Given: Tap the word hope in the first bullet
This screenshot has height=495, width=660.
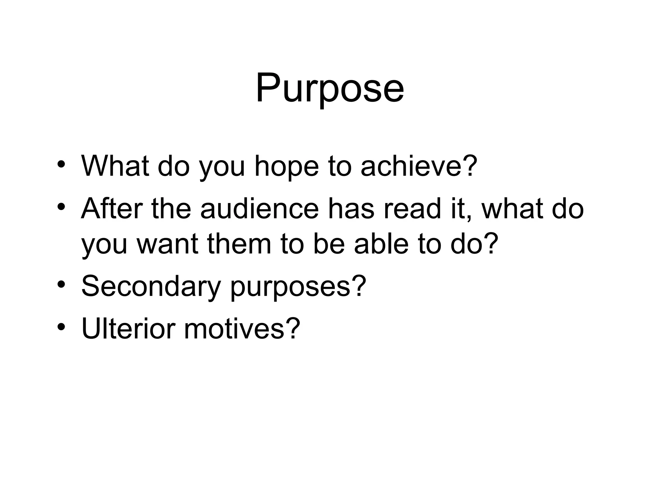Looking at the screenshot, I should (x=286, y=167).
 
